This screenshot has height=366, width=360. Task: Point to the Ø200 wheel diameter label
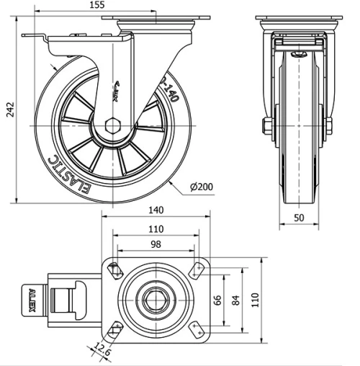[202, 187]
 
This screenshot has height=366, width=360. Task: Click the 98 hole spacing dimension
[155, 244]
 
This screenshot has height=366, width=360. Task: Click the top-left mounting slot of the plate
[114, 270]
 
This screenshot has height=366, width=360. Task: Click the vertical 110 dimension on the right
[254, 299]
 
